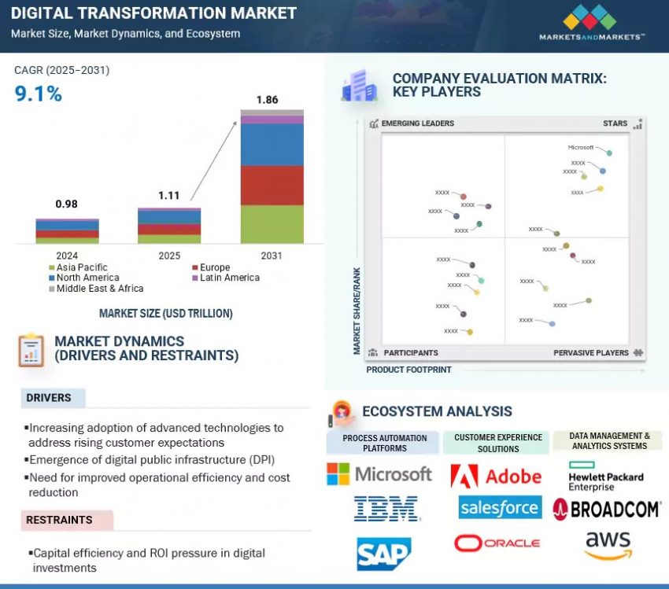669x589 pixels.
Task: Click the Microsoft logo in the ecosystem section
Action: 379,473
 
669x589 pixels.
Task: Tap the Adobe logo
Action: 496,476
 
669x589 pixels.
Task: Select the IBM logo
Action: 386,509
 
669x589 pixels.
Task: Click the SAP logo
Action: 383,553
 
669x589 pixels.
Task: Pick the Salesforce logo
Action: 500,508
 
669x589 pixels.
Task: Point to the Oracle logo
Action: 497,543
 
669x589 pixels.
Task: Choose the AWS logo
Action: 608,545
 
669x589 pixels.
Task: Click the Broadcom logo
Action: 606,509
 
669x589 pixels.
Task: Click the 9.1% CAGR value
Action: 38,94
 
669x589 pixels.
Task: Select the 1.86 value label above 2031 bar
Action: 268,100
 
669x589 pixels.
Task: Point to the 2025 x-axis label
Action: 169,256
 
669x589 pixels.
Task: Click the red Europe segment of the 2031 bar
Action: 272,185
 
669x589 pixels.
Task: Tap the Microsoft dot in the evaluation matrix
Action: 609,153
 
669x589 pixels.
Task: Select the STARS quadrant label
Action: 615,123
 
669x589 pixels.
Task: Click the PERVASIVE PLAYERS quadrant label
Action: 591,353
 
